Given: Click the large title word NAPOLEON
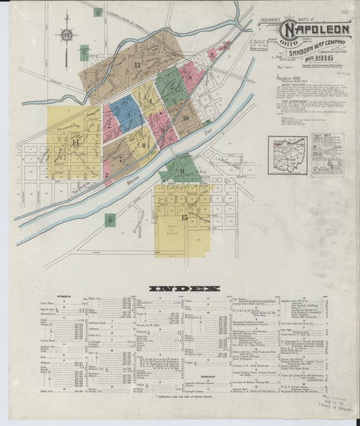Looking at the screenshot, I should click(x=317, y=30).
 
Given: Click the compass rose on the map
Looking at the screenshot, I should click(x=66, y=35).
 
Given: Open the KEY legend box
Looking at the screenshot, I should click(x=328, y=155).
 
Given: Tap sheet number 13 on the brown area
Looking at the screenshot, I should click(x=137, y=65).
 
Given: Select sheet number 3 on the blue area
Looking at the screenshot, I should click(x=128, y=113).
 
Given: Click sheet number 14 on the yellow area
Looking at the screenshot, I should click(x=76, y=142).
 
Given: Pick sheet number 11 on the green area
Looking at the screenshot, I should click(x=182, y=171).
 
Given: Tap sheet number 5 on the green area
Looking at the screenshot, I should click(x=173, y=86).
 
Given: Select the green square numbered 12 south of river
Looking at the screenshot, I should click(x=109, y=219).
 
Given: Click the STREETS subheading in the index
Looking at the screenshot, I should click(x=65, y=297).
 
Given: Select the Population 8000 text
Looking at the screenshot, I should click(x=289, y=78).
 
